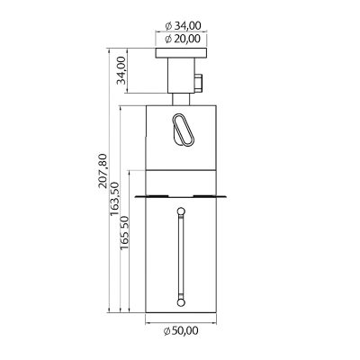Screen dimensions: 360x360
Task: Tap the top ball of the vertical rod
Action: click(180, 211)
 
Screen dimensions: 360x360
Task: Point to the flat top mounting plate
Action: click(182, 55)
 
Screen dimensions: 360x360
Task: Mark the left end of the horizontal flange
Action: click(134, 195)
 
